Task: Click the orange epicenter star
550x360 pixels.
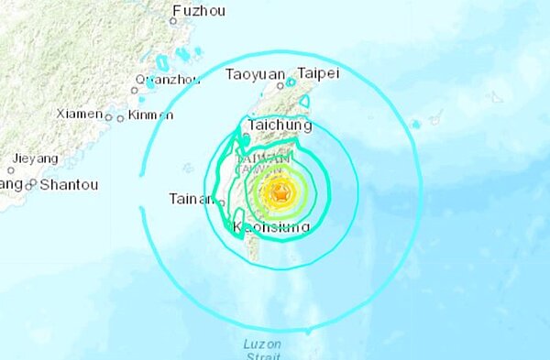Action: pyautogui.click(x=280, y=193)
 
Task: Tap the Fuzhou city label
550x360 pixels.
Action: pyautogui.click(x=200, y=10)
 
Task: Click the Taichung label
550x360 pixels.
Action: pyautogui.click(x=280, y=125)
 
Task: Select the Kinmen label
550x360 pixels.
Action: pyautogui.click(x=150, y=115)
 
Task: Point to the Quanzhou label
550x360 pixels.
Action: pyautogui.click(x=169, y=79)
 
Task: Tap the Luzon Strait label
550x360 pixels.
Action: pyautogui.click(x=264, y=349)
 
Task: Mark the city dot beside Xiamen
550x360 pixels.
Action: pyautogui.click(x=109, y=117)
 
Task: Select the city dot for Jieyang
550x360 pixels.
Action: pyautogui.click(x=11, y=169)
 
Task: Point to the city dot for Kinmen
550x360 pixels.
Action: pyautogui.click(x=121, y=117)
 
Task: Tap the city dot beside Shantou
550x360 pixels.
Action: pyautogui.click(x=31, y=185)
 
